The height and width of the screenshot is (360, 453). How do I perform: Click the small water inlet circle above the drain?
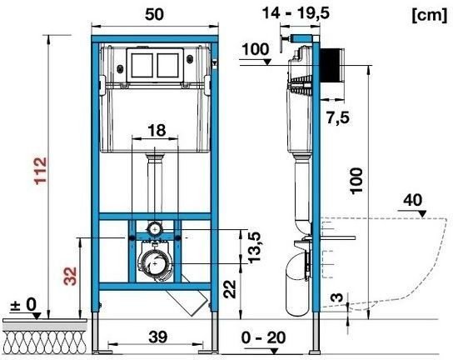tap(154, 227)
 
